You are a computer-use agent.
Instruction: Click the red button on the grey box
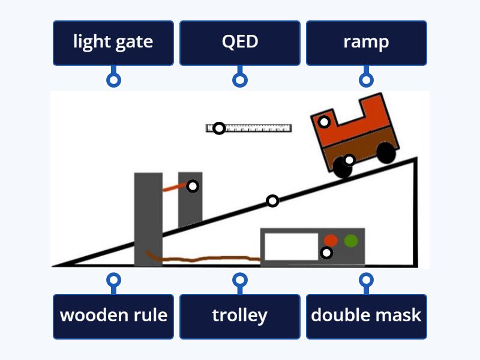331,240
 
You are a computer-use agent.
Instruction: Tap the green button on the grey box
351,241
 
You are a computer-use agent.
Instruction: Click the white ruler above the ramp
258,128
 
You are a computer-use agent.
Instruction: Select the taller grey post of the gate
148,219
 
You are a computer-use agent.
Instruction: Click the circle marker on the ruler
219,128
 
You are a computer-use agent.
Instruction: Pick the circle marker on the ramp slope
272,200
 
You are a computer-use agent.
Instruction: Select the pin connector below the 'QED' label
239,80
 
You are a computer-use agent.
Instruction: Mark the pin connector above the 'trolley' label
239,280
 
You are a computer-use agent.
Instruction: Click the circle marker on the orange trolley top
324,122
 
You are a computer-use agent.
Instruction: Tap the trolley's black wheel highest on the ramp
387,153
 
